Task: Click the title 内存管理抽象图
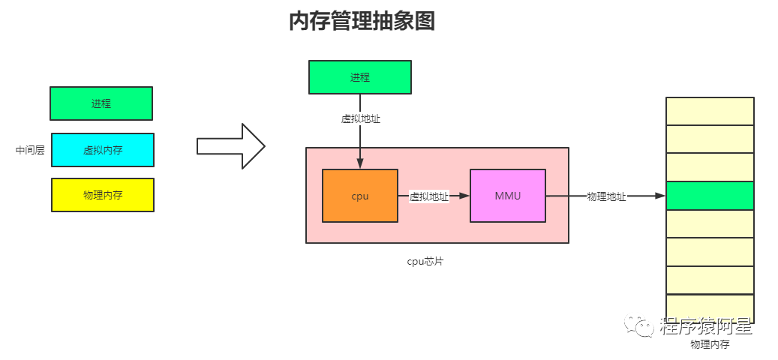coord(362,22)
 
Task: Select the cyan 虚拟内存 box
coord(103,150)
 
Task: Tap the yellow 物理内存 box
coord(103,195)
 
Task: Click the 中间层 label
coord(30,150)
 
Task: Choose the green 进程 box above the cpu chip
coord(360,77)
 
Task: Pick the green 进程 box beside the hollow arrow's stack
coord(101,103)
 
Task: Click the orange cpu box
coord(360,196)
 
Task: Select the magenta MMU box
coord(507,196)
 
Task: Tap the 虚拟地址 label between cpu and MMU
coord(429,196)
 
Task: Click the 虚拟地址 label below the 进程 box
coord(360,118)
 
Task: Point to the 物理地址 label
coord(606,196)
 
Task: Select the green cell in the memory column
coord(710,196)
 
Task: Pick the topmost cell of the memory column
coord(710,111)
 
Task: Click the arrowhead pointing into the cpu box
coord(360,163)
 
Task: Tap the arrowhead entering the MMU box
coord(464,196)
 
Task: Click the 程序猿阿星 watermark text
coord(706,326)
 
